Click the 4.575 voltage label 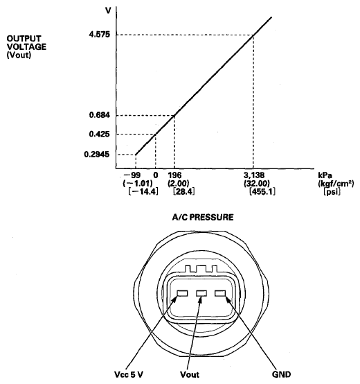(100, 35)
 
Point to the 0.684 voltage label (100, 115)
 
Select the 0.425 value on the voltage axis (99, 134)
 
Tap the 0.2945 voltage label (97, 155)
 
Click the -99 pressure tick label (132, 175)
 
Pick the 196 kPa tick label (174, 175)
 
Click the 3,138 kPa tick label (254, 175)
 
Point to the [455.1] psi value (262, 191)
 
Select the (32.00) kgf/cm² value (257, 183)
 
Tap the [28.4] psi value (184, 191)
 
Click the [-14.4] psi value (143, 191)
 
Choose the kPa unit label (325, 175)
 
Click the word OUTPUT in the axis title (24, 38)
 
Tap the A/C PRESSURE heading (203, 217)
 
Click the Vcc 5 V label (129, 374)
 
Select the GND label (282, 374)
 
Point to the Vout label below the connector (190, 374)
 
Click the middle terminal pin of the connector (201, 293)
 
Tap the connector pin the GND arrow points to (220, 293)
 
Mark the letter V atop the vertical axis (108, 10)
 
